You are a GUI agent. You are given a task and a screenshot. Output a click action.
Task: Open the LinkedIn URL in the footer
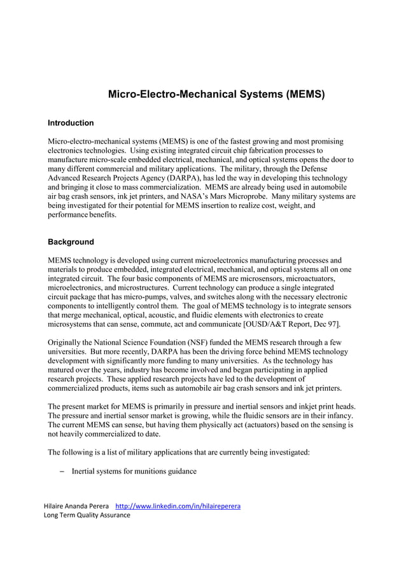click(177, 506)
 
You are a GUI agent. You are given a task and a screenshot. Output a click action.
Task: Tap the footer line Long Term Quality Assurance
click(87, 515)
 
